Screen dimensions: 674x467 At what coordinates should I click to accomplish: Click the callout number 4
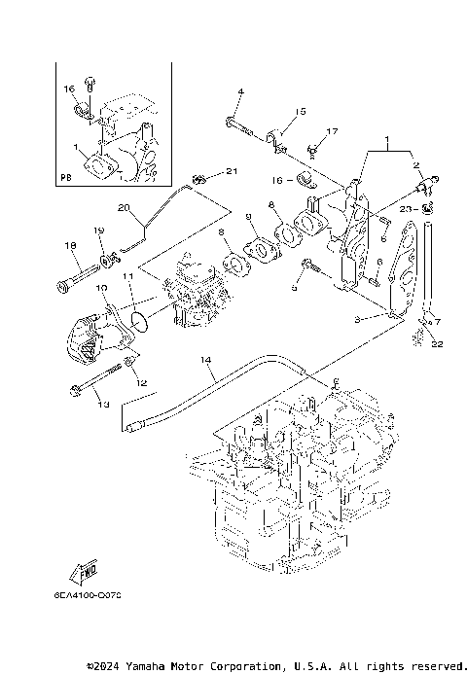[x=240, y=92]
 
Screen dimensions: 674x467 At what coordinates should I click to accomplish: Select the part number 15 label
[x=301, y=112]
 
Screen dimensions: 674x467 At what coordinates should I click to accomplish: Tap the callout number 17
[x=332, y=131]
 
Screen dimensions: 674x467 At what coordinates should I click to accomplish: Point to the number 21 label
[x=231, y=172]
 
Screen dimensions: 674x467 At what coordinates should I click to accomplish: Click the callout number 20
[x=124, y=207]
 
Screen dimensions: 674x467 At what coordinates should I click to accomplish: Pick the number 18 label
[x=69, y=246]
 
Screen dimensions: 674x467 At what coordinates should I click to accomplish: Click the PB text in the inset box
[x=66, y=178]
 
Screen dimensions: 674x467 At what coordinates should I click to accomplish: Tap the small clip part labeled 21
[x=199, y=179]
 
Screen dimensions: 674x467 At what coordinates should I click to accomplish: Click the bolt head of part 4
[x=232, y=123]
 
